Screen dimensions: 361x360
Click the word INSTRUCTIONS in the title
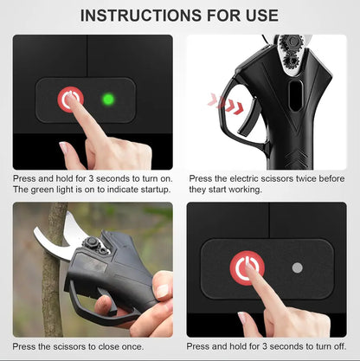(x=133, y=16)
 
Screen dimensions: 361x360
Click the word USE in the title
(x=257, y=16)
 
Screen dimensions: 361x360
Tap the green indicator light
(x=108, y=100)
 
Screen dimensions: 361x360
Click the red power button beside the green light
(x=70, y=99)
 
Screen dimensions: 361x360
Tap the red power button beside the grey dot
(x=247, y=268)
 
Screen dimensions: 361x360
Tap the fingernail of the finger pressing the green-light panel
(x=72, y=105)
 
